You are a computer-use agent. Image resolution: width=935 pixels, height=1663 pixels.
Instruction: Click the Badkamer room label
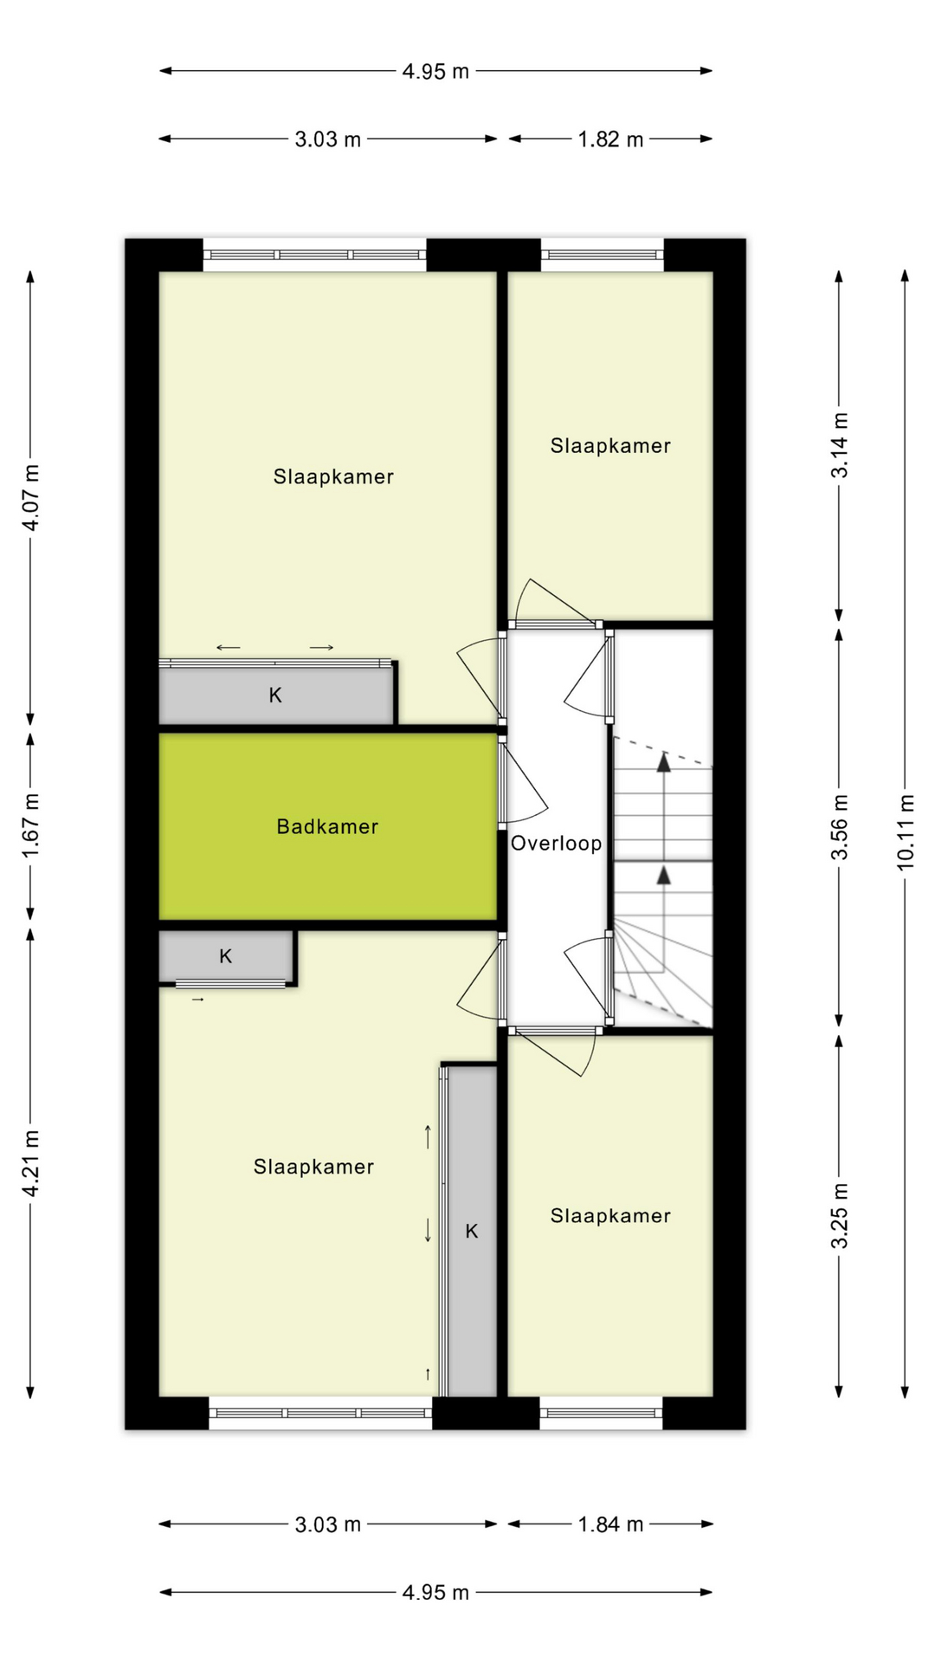pyautogui.click(x=327, y=826)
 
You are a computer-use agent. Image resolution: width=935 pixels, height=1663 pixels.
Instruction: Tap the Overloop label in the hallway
pyautogui.click(x=556, y=843)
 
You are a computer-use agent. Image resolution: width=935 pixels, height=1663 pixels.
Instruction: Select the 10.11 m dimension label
pyautogui.click(x=905, y=831)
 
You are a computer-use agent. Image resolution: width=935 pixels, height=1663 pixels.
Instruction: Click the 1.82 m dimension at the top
pyautogui.click(x=610, y=139)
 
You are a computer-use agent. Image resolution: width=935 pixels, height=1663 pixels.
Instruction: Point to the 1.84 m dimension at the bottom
pyautogui.click(x=610, y=1524)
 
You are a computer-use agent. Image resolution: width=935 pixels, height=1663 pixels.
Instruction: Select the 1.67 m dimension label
pyautogui.click(x=30, y=825)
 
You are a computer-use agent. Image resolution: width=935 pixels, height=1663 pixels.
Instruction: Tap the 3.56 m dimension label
pyautogui.click(x=839, y=826)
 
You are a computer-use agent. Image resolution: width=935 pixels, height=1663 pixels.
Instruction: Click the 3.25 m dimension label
pyautogui.click(x=839, y=1215)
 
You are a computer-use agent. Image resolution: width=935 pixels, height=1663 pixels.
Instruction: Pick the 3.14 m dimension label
pyautogui.click(x=839, y=445)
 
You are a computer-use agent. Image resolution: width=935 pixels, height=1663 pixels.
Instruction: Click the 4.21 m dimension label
pyautogui.click(x=30, y=1163)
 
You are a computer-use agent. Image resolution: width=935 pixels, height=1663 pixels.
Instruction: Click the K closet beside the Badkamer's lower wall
pyautogui.click(x=226, y=956)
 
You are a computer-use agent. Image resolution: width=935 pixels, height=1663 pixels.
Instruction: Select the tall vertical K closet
pyautogui.click(x=472, y=1231)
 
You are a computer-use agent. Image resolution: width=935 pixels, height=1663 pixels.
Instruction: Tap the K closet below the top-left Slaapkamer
pyautogui.click(x=275, y=695)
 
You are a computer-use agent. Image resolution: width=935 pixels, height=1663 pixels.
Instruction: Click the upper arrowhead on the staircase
pyautogui.click(x=663, y=763)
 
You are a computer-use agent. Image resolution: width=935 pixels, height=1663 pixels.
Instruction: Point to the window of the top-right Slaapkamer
pyautogui.click(x=603, y=255)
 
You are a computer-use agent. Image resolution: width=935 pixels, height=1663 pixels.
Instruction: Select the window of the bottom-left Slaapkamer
pyautogui.click(x=320, y=1413)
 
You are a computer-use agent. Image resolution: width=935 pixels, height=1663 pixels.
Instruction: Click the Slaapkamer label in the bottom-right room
pyautogui.click(x=610, y=1215)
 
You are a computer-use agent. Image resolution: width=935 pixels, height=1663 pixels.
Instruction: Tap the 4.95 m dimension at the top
pyautogui.click(x=435, y=72)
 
